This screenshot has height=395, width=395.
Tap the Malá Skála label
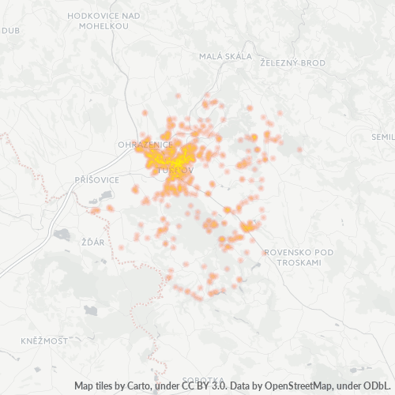click(225, 56)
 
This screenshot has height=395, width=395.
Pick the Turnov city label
click(175, 170)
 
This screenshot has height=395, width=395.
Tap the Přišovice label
click(96, 180)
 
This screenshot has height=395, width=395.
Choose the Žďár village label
click(92, 241)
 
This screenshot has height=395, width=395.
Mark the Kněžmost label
click(45, 340)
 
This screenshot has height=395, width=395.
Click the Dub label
click(10, 31)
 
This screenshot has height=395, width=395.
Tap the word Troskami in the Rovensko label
click(300, 261)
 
